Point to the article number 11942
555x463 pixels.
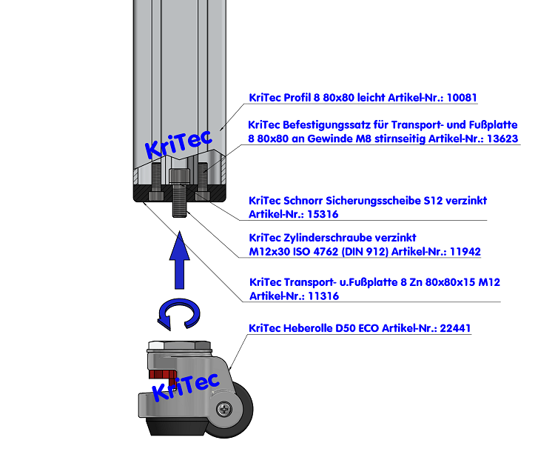click(463, 252)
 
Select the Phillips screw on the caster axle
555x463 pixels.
click(223, 408)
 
